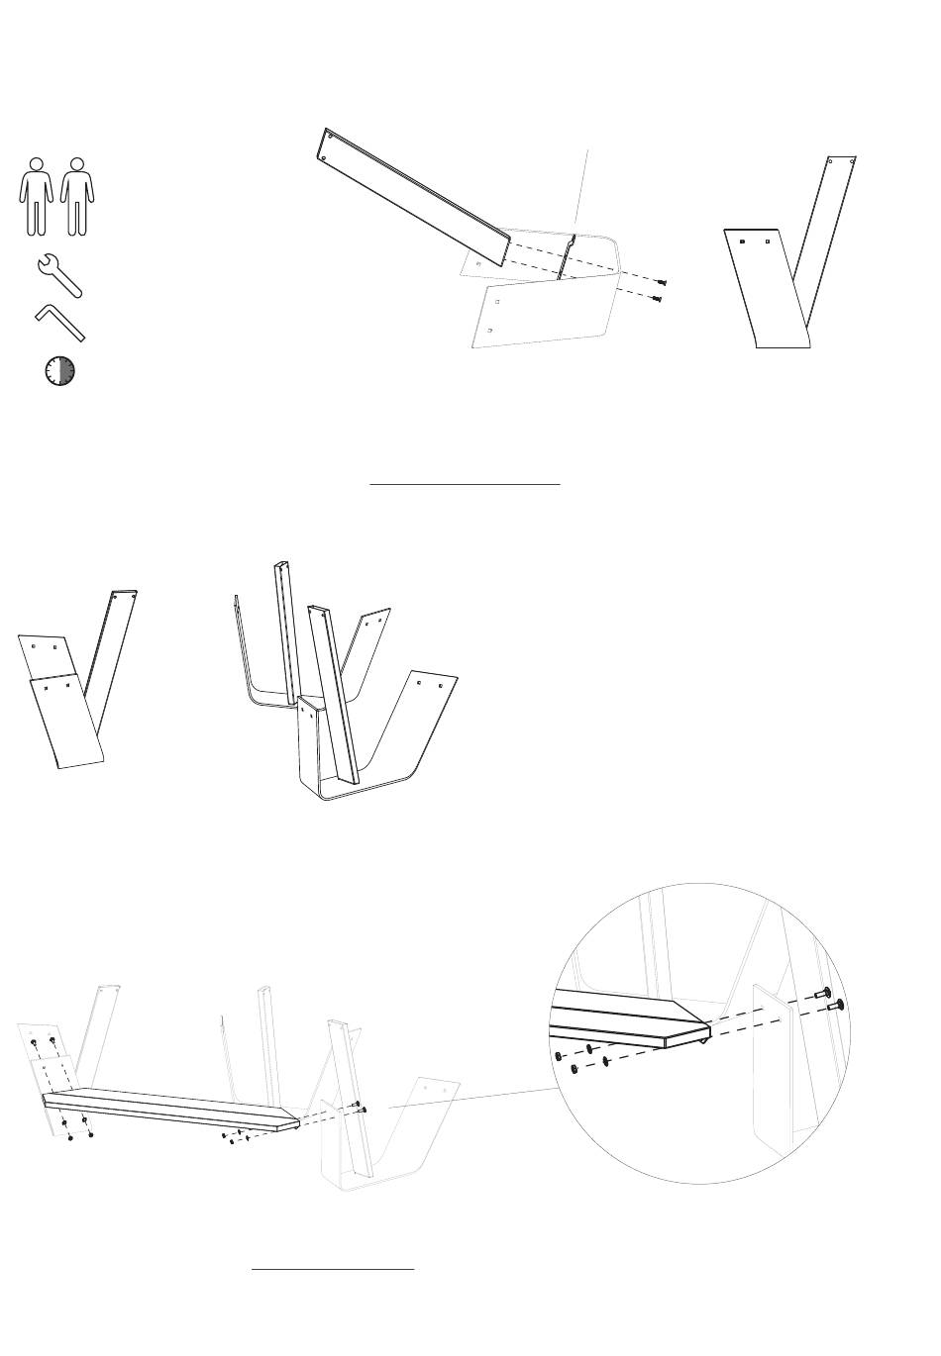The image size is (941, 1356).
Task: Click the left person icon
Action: tap(36, 195)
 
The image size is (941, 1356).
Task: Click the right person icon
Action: tap(77, 195)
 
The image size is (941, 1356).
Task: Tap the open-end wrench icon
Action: tap(58, 276)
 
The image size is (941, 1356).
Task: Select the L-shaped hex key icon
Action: tap(59, 323)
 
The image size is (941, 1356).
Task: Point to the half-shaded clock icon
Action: tap(59, 371)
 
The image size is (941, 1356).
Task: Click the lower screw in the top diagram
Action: tap(657, 298)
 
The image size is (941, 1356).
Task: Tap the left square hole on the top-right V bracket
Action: tap(742, 241)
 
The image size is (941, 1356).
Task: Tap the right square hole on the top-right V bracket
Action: tap(768, 241)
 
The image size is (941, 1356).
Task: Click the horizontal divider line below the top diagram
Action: tap(466, 485)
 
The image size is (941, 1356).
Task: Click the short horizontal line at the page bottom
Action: tap(332, 1268)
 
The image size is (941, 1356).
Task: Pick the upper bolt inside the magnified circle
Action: tap(822, 992)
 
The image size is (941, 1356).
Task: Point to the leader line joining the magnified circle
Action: tap(475, 1096)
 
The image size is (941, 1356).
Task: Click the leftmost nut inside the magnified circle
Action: tap(560, 1056)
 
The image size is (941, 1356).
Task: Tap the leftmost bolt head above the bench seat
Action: tap(34, 1043)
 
